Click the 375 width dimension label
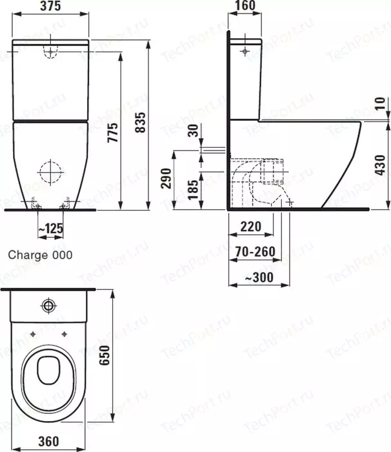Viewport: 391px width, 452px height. click(x=50, y=6)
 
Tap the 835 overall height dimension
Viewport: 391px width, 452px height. click(x=141, y=123)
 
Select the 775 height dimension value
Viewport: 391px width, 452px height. click(x=113, y=132)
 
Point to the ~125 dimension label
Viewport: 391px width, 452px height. click(x=51, y=229)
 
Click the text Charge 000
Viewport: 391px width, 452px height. click(x=41, y=255)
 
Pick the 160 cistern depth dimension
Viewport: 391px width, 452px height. click(x=245, y=5)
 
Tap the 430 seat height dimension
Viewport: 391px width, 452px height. click(x=381, y=165)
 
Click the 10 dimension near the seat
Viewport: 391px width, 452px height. click(x=380, y=103)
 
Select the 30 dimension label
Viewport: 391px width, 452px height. click(x=194, y=130)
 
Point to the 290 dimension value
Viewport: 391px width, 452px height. click(x=166, y=178)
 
